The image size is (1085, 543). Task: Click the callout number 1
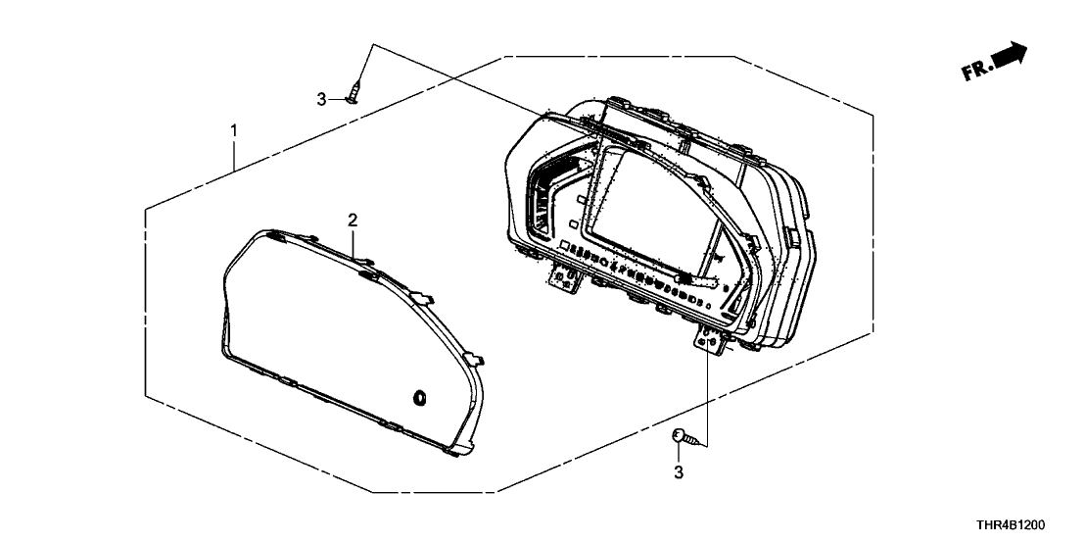pos(234,129)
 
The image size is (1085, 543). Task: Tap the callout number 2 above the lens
pos(353,221)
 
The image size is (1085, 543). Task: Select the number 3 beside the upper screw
pos(321,100)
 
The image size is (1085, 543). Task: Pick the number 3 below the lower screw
pos(678,472)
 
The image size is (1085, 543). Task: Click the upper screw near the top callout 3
pos(355,92)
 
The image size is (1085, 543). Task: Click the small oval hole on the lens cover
pos(419,398)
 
